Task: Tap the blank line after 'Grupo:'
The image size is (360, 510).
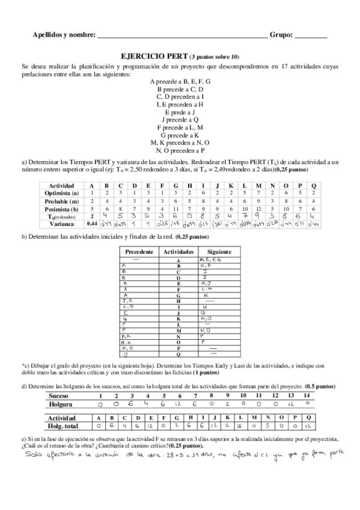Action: click(311, 37)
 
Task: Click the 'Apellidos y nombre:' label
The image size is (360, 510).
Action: click(64, 36)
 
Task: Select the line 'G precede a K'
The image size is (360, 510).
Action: click(180, 136)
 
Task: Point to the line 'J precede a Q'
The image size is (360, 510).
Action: click(180, 120)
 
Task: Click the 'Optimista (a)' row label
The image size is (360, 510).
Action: click(62, 193)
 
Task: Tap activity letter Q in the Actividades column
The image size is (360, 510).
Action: click(178, 356)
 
